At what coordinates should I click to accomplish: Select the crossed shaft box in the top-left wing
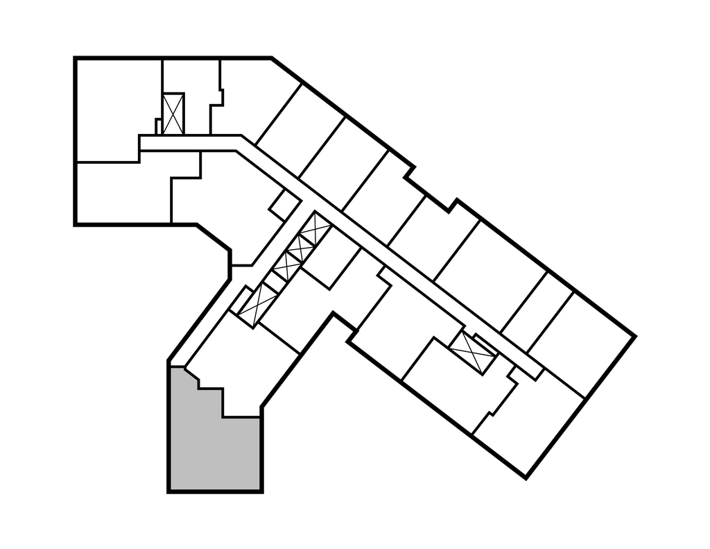click(173, 113)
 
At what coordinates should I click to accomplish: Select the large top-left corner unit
click(114, 108)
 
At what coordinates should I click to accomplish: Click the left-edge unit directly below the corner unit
click(121, 193)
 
